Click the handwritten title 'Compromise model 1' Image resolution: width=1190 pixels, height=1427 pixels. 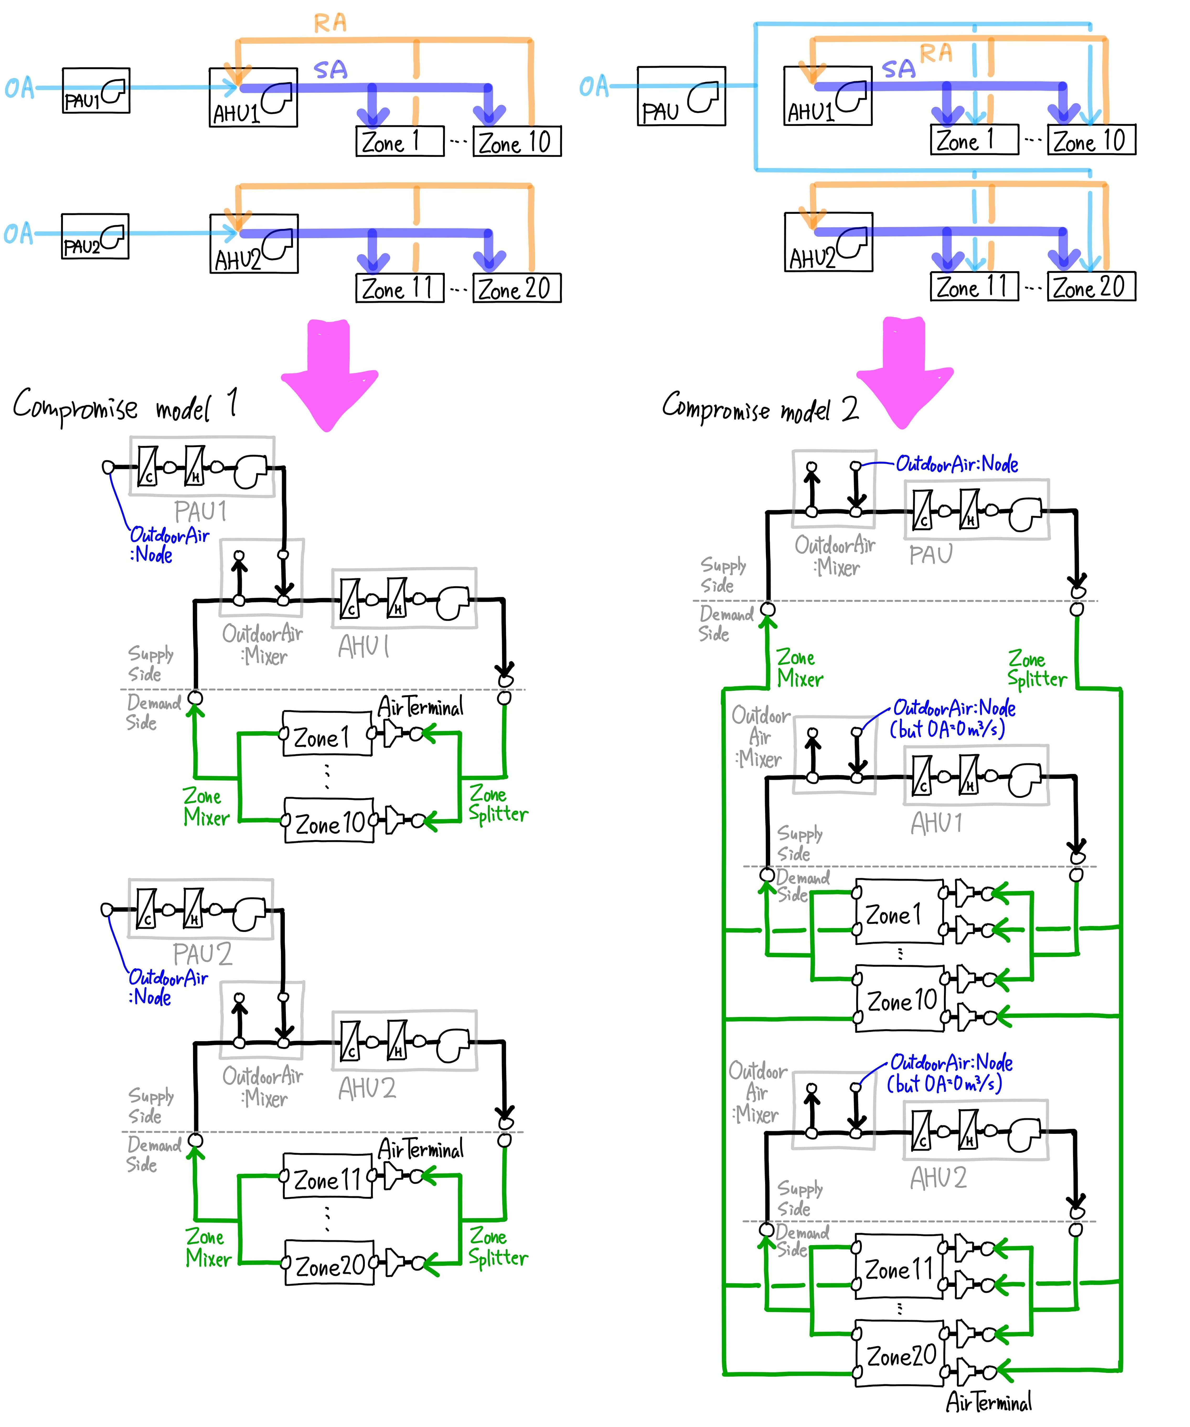click(x=126, y=406)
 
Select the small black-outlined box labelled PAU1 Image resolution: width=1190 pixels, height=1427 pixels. click(x=96, y=90)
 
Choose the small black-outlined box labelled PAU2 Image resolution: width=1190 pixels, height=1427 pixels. click(x=95, y=236)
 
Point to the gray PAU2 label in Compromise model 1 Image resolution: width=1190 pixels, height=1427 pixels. click(x=202, y=954)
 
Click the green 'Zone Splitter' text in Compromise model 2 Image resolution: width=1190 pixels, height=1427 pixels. click(x=1037, y=669)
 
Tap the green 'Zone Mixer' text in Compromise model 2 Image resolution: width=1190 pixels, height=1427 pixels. click(x=799, y=668)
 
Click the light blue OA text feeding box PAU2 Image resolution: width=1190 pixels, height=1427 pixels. click(x=18, y=234)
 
